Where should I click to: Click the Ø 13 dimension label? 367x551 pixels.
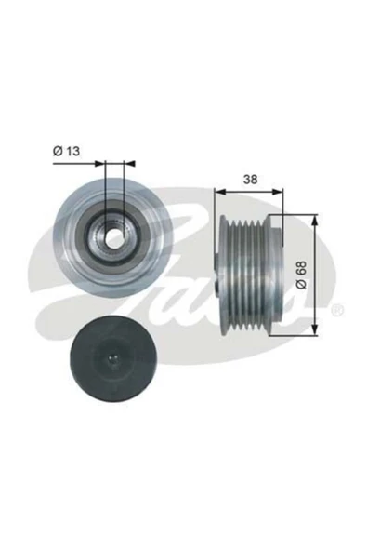[x=67, y=148]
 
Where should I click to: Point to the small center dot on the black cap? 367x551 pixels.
[x=111, y=357]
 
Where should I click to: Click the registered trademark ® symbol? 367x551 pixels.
[x=336, y=310]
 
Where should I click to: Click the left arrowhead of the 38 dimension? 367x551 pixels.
[x=219, y=191]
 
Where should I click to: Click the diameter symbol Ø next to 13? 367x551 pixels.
[x=58, y=148]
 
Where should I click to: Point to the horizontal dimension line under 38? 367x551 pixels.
[x=248, y=191]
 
